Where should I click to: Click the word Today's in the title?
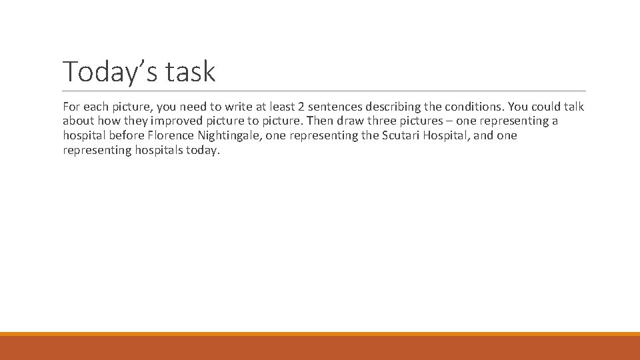110,72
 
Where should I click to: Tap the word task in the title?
191,72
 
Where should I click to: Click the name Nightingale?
228,135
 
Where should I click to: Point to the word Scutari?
403,135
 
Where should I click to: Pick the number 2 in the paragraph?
311,107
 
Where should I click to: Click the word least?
288,107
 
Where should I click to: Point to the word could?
545,107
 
